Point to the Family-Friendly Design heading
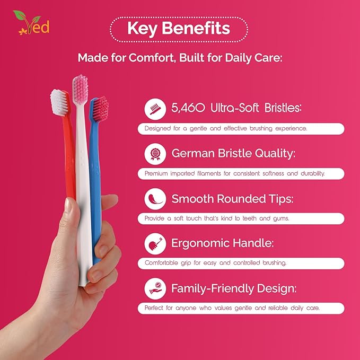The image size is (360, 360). tap(233, 289)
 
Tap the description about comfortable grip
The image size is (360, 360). tap(216, 263)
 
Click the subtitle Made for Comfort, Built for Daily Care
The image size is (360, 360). tap(180, 57)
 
